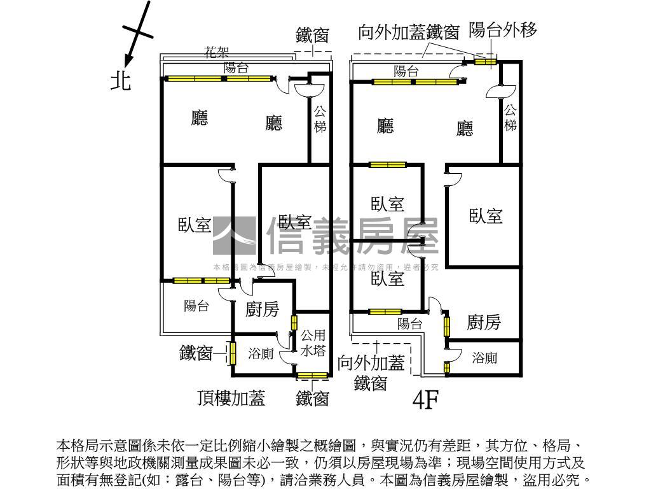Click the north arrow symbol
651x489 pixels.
pos(136,34)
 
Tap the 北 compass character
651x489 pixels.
pos(121,80)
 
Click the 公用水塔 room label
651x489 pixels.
pos(313,343)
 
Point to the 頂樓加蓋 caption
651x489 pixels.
pos(231,398)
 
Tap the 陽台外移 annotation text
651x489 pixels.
pos(503,29)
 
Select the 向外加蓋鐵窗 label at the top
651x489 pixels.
pos(408,33)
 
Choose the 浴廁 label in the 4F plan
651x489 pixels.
pos(484,358)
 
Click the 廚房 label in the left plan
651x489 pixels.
pos(262,310)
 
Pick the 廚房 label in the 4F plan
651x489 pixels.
pos(484,322)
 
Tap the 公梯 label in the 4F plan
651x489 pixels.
pos(511,118)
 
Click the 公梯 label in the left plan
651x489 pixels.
pos(320,119)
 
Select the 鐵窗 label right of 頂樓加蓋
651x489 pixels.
pos(313,399)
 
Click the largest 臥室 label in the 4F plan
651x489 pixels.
pos(486,216)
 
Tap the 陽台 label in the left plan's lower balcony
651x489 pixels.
pos(196,306)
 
